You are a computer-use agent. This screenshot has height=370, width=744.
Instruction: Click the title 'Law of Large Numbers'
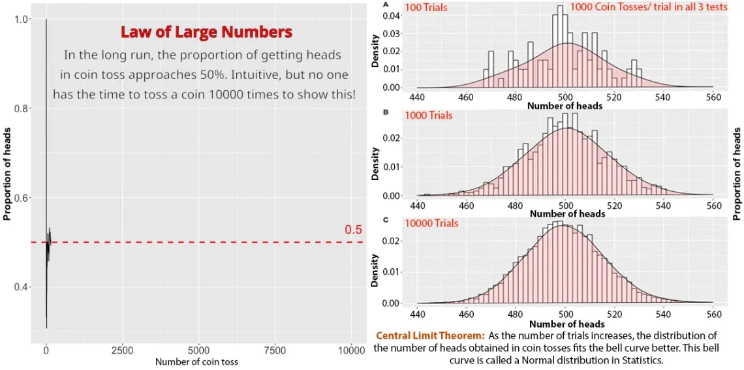click(206, 32)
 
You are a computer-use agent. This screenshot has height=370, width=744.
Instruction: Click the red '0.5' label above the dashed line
click(353, 230)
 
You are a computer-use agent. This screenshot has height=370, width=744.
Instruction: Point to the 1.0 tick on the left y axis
click(22, 20)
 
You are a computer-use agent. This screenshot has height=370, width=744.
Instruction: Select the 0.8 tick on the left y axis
click(22, 109)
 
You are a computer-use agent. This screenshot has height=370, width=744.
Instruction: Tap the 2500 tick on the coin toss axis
click(123, 350)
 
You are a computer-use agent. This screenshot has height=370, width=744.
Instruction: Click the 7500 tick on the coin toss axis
click(275, 350)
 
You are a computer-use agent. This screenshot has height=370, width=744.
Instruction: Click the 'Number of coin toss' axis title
click(196, 362)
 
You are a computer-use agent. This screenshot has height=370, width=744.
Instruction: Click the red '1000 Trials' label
click(428, 116)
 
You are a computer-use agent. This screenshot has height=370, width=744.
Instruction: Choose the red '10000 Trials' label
click(431, 223)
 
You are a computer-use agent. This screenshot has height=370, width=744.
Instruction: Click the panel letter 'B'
click(386, 112)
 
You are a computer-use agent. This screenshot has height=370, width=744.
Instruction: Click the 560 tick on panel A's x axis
click(713, 97)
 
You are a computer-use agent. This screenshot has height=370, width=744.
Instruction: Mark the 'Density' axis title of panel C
click(375, 271)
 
